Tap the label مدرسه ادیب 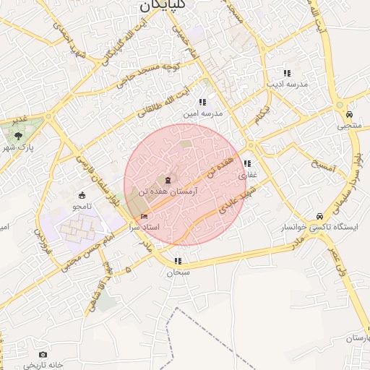287,84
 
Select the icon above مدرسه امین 202,103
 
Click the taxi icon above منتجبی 349,114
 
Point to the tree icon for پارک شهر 18,135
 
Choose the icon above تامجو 81,195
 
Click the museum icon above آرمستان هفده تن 168,179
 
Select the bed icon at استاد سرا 145,216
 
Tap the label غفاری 247,174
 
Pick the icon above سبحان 178,262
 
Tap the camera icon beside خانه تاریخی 43,355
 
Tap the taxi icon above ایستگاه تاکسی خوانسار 319,216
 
